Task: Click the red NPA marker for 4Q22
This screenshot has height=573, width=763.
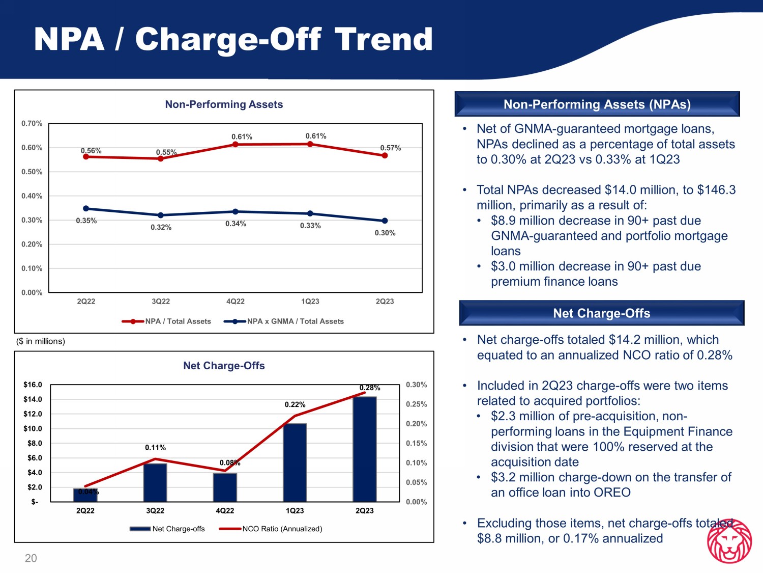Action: (236, 144)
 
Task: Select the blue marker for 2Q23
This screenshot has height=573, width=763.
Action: (385, 221)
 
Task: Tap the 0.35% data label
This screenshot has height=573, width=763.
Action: (86, 221)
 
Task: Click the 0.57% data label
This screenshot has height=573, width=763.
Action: (390, 148)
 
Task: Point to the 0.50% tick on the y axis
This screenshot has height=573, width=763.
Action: (32, 172)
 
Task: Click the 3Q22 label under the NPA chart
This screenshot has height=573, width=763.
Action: (161, 302)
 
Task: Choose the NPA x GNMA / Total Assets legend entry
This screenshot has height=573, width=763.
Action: (284, 321)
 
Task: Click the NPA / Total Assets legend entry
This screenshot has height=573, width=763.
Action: (166, 321)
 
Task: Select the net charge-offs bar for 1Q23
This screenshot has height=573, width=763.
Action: (295, 462)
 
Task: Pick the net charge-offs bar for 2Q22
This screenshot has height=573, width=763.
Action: (85, 495)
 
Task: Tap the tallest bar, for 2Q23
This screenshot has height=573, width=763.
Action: (365, 449)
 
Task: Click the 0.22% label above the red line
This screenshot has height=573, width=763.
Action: (295, 404)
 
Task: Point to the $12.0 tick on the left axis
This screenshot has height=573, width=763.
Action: (33, 414)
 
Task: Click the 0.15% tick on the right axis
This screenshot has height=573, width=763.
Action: (417, 443)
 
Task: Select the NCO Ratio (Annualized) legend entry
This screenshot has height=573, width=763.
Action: (271, 529)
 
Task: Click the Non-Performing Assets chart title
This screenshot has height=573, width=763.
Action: (224, 104)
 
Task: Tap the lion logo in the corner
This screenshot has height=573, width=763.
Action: (729, 540)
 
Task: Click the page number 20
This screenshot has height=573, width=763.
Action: (31, 558)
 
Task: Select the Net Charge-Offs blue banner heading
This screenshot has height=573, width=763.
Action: (602, 313)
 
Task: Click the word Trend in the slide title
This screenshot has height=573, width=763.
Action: (384, 39)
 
